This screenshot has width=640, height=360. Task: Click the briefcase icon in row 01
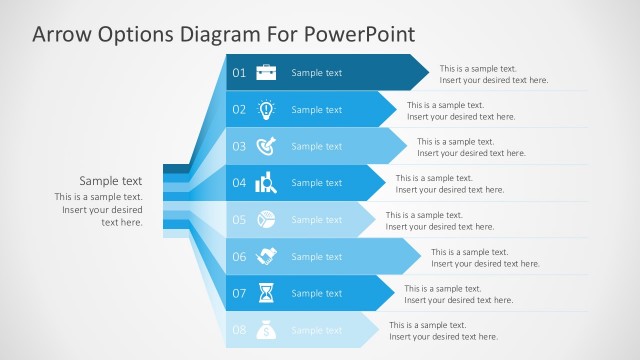pyautogui.click(x=266, y=72)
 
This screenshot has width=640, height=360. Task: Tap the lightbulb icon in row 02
pyautogui.click(x=266, y=109)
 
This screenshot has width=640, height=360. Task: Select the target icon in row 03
pyautogui.click(x=266, y=146)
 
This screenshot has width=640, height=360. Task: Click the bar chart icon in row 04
pyautogui.click(x=266, y=183)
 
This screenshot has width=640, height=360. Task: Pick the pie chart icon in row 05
pyautogui.click(x=266, y=219)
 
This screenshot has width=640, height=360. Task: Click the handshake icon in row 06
pyautogui.click(x=266, y=257)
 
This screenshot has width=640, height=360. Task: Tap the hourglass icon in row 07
pyautogui.click(x=266, y=293)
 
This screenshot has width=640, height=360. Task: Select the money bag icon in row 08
pyautogui.click(x=266, y=329)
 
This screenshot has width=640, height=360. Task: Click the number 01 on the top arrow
pyautogui.click(x=239, y=73)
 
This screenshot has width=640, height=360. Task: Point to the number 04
pyautogui.click(x=239, y=183)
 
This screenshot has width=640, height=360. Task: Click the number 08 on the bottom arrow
pyautogui.click(x=239, y=330)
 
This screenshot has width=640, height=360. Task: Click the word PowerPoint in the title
pyautogui.click(x=359, y=34)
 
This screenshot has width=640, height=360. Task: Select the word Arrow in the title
pyautogui.click(x=59, y=34)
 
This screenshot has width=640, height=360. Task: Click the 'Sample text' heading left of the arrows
pyautogui.click(x=111, y=181)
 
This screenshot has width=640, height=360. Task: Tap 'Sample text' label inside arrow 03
pyautogui.click(x=316, y=147)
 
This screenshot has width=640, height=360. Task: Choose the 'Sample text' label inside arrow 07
pyautogui.click(x=316, y=294)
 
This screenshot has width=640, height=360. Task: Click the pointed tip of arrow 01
pyautogui.click(x=430, y=72)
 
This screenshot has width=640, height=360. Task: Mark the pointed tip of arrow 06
pyautogui.click(x=420, y=256)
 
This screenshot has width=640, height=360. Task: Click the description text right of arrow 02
pyautogui.click(x=461, y=110)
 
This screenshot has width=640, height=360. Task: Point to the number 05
pyautogui.click(x=239, y=220)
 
